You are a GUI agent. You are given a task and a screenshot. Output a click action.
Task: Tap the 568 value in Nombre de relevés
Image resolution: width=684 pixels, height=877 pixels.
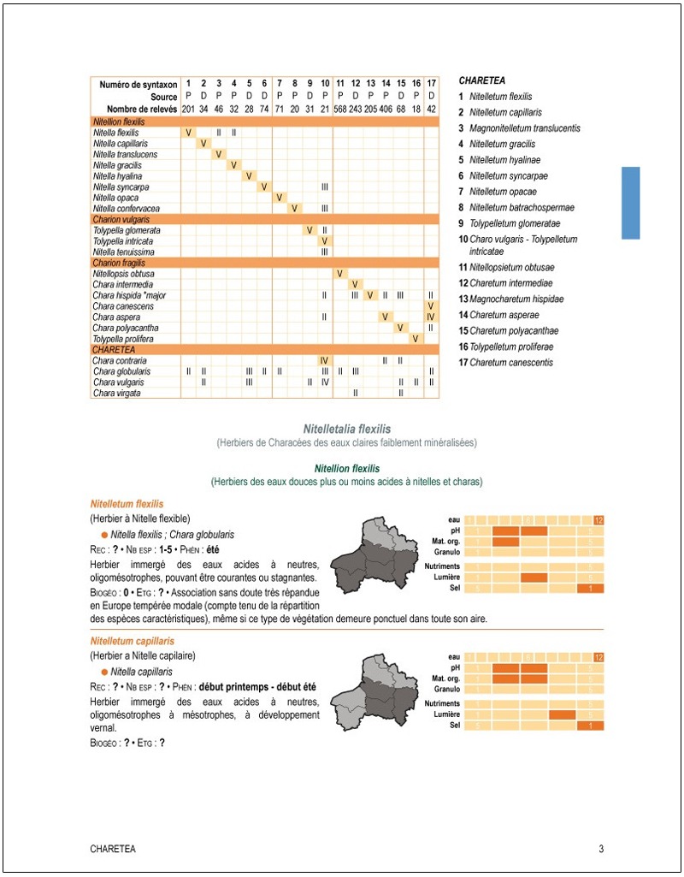click(340, 110)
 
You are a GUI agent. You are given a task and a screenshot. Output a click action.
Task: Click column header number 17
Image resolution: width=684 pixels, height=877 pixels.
click(431, 85)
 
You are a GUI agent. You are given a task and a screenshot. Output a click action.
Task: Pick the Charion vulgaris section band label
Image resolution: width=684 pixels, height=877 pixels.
click(115, 220)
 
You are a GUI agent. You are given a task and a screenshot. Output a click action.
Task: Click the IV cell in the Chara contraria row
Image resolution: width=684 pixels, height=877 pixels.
click(325, 361)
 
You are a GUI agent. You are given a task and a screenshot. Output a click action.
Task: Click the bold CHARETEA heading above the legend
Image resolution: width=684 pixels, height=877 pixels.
click(482, 80)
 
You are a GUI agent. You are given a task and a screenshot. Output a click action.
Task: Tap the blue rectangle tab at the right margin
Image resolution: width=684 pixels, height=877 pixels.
click(630, 203)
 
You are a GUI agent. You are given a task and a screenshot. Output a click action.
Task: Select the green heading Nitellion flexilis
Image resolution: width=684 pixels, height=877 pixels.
click(347, 469)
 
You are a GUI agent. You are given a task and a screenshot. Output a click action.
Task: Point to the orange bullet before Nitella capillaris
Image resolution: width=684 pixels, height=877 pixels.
click(104, 673)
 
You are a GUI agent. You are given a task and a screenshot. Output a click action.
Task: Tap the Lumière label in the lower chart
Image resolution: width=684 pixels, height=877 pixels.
click(447, 714)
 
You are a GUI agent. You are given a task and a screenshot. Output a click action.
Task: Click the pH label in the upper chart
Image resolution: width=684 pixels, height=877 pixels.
click(454, 530)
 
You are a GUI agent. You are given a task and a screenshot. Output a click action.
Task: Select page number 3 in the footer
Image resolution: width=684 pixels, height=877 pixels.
click(601, 850)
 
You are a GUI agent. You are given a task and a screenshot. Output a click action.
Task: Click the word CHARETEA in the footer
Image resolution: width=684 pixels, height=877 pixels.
click(113, 850)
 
